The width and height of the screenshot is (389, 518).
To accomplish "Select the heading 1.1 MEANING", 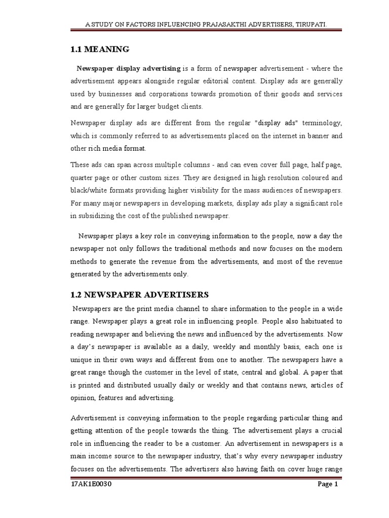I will [x=99, y=50].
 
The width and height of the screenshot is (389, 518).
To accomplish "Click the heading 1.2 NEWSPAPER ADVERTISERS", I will [x=139, y=294].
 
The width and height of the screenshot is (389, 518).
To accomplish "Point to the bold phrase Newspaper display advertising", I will [x=128, y=68].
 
